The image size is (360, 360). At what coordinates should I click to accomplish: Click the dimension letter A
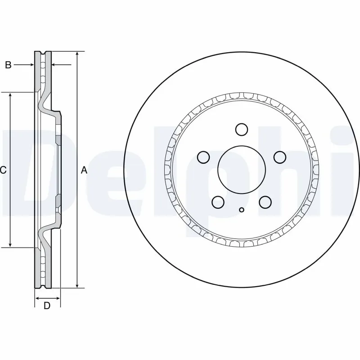83,170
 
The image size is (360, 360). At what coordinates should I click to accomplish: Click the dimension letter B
8,65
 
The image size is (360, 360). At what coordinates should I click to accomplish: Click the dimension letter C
3,170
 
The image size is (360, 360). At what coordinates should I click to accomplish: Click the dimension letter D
46,306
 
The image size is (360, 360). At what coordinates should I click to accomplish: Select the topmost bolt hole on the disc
242,130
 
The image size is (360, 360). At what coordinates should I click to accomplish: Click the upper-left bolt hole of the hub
204,157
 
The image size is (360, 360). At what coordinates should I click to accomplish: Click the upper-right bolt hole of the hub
280,157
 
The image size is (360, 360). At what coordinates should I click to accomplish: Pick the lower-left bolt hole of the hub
218,202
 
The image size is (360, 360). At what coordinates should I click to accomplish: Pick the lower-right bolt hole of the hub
265,202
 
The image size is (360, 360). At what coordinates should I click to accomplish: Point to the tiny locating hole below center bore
242,209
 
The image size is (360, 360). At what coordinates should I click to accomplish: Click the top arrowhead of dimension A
77,54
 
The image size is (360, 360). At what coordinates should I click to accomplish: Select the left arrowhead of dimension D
37,298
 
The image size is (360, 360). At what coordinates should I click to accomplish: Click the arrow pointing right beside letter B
31,65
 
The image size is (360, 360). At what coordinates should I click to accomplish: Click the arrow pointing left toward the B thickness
55,65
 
